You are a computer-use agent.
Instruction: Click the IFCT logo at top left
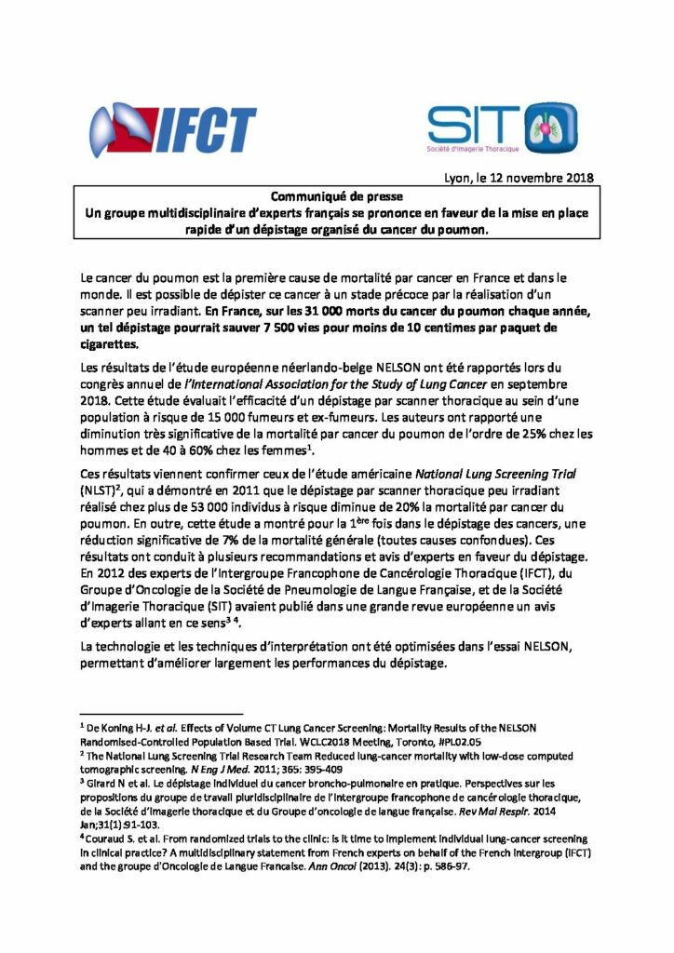coord(172,131)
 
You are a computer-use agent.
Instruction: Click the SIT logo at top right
coord(502,128)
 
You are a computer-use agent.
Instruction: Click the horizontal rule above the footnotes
coord(149,706)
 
